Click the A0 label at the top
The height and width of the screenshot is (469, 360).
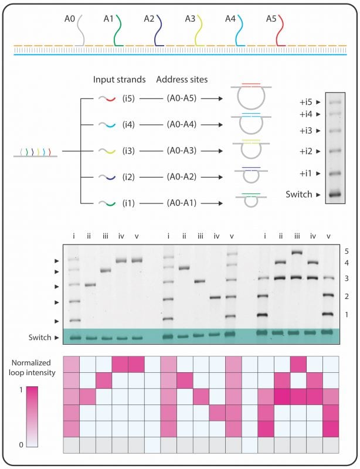coord(70,19)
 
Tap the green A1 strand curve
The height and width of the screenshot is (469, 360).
coord(118,32)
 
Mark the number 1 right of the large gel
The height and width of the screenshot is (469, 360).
coord(347,315)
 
